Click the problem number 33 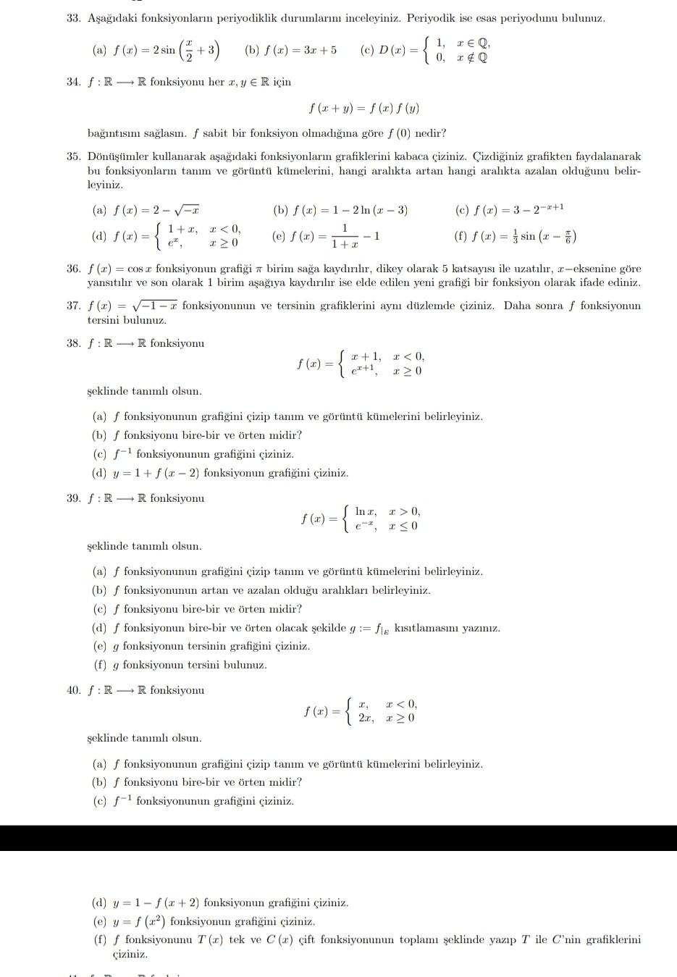tap(72, 18)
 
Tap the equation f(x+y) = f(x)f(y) tap(363, 109)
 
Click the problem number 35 tap(72, 156)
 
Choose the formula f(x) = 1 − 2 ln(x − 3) tap(350, 211)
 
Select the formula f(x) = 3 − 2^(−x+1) tap(518, 210)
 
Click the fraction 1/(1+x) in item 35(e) tap(344, 237)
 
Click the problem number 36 tap(72, 269)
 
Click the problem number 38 tap(72, 343)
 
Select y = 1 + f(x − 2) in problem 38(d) tap(157, 473)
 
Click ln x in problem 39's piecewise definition tap(364, 512)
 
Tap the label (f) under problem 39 tap(99, 665)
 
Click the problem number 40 tap(72, 690)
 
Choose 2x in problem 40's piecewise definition tap(366, 718)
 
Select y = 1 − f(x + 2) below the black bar tap(157, 903)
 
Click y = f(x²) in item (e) tap(139, 921)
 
